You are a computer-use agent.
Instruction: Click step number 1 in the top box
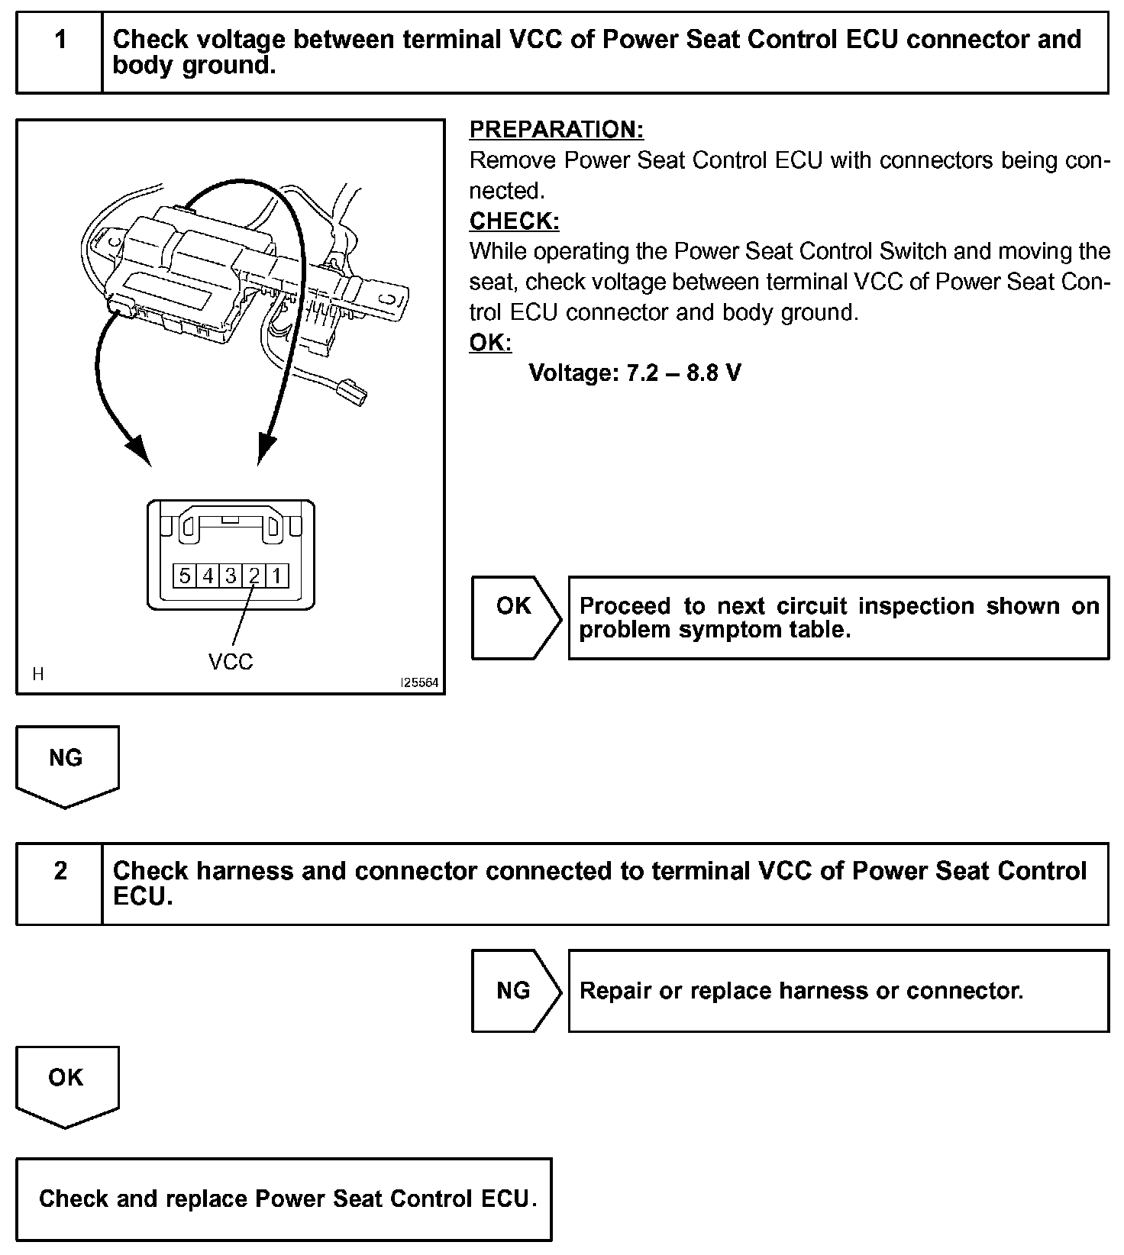click(x=60, y=39)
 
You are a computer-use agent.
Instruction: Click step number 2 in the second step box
click(x=60, y=870)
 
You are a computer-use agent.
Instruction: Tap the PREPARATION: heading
click(x=557, y=130)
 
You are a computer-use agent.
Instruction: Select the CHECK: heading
click(x=514, y=221)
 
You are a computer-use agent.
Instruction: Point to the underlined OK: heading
click(x=490, y=343)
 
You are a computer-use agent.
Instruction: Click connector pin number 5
click(x=185, y=576)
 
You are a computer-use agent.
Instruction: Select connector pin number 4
click(x=208, y=576)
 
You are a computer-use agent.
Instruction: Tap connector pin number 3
click(x=231, y=576)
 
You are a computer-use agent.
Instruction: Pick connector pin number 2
click(x=254, y=576)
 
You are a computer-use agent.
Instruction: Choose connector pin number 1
click(x=276, y=576)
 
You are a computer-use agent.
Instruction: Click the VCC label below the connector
click(x=231, y=662)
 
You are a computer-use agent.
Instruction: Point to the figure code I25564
click(x=420, y=683)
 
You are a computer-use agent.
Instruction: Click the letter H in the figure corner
click(x=38, y=674)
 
